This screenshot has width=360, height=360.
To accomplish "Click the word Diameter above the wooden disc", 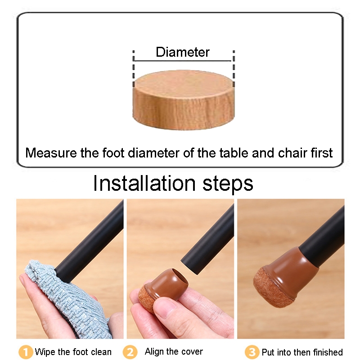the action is [183, 52].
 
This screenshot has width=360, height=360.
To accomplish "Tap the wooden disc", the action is [184, 100].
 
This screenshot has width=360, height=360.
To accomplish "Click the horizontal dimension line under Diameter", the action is [183, 61].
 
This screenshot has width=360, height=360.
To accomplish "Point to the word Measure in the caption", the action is [51, 153].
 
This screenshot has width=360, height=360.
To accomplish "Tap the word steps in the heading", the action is [228, 184].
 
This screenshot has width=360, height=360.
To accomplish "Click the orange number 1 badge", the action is [26, 352].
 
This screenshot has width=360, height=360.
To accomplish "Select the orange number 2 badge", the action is [130, 352].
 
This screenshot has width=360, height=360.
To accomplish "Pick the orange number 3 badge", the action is [252, 352].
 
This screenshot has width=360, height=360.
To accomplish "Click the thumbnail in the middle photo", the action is [165, 308].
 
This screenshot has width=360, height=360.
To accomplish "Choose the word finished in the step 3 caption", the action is [328, 352].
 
